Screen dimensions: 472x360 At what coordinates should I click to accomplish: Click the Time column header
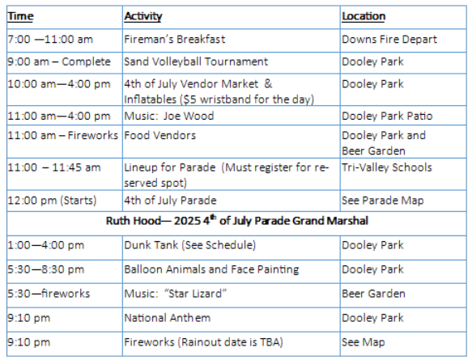pyautogui.click(x=20, y=16)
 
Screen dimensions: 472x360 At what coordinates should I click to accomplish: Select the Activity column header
pyautogui.click(x=143, y=16)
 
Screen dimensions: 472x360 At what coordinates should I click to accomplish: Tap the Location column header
pyautogui.click(x=364, y=16)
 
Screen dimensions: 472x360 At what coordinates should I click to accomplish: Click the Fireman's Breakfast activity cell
pyautogui.click(x=175, y=39)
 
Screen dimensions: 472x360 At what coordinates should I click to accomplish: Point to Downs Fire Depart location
pyautogui.click(x=389, y=40)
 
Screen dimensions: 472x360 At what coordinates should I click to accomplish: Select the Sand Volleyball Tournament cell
pyautogui.click(x=196, y=61)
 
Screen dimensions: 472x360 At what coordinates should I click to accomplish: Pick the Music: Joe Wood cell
pyautogui.click(x=169, y=116)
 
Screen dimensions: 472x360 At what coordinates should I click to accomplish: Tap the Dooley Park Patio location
pyautogui.click(x=387, y=116)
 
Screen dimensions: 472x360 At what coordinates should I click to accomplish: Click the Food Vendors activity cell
pyautogui.click(x=159, y=135)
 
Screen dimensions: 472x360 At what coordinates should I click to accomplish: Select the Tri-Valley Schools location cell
pyautogui.click(x=387, y=167)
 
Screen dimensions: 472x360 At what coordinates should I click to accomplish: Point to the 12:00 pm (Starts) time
pyautogui.click(x=52, y=201)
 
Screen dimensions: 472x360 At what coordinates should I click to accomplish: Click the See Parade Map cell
pyautogui.click(x=383, y=201)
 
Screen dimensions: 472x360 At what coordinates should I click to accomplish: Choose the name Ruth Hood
pyautogui.click(x=134, y=221)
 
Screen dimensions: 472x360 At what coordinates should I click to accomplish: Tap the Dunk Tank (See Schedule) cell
pyautogui.click(x=190, y=245)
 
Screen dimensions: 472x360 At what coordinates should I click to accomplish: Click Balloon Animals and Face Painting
pyautogui.click(x=211, y=269)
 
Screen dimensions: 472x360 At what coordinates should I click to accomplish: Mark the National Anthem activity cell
pyautogui.click(x=168, y=318)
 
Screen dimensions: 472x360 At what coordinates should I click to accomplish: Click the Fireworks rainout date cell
pyautogui.click(x=203, y=342)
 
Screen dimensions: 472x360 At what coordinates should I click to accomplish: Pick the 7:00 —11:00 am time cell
pyautogui.click(x=50, y=40)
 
